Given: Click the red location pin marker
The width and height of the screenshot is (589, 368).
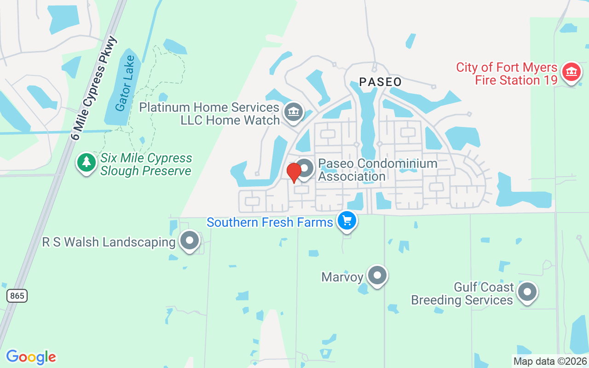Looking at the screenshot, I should click(294, 172).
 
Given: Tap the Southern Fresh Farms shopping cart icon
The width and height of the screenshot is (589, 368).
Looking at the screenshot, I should click(347, 220).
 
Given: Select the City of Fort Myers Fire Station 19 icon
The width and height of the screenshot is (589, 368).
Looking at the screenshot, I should click(572, 72).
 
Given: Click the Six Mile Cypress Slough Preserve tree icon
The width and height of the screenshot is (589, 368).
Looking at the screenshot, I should click(86, 163).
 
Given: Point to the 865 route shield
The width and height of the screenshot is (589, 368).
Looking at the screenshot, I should click(17, 295).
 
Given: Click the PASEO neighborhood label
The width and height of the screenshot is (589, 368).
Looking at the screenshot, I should click(380, 82).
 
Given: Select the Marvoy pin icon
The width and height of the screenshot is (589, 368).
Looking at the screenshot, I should click(378, 275).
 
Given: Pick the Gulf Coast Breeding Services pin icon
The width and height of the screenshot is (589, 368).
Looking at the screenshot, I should click(527, 292).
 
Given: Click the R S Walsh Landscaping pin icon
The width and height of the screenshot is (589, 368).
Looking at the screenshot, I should click(189, 240).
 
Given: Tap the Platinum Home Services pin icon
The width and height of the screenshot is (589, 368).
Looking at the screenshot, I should click(293, 111).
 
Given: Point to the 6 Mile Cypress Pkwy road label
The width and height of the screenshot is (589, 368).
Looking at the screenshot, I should click(95, 87).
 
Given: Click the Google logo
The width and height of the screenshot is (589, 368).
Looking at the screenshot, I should click(31, 357).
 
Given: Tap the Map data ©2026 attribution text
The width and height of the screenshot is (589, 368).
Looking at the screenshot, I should click(550, 361).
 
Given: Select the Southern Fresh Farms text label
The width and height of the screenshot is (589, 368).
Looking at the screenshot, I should click(270, 223).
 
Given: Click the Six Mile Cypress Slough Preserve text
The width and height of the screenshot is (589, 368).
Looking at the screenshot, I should click(146, 165).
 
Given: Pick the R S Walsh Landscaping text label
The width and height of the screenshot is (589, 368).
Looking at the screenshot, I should click(109, 242).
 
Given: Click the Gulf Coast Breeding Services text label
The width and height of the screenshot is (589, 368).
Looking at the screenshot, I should click(462, 294).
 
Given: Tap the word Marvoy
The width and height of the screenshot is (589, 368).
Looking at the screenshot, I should click(343, 277).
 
